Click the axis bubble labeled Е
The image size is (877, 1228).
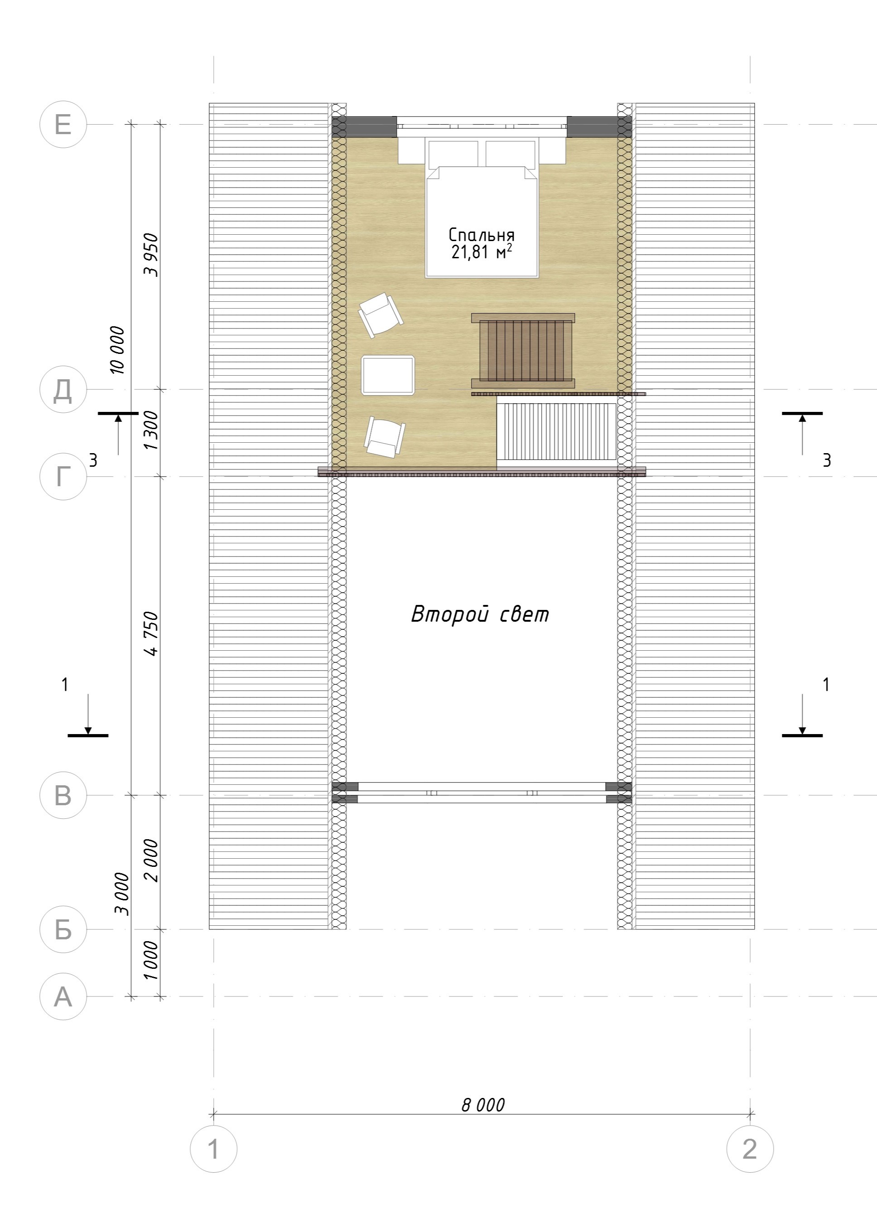coord(63,124)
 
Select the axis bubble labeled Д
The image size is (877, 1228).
coord(63,389)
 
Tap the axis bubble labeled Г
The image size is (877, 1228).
coord(63,477)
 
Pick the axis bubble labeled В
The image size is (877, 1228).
coord(63,795)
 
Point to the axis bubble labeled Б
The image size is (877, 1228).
coord(63,929)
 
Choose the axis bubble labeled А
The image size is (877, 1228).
coord(63,996)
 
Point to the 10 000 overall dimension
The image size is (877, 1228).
coord(117,350)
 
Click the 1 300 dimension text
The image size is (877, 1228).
coord(153,430)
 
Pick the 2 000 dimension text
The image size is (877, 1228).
coord(153,861)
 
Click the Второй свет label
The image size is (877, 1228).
coord(480,615)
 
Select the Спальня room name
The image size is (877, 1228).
coord(482,235)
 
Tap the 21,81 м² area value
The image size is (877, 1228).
coord(482,252)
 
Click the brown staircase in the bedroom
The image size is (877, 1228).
coord(523,351)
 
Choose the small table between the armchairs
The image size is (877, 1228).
coord(388,375)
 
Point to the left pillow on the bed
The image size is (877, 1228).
coord(453,154)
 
